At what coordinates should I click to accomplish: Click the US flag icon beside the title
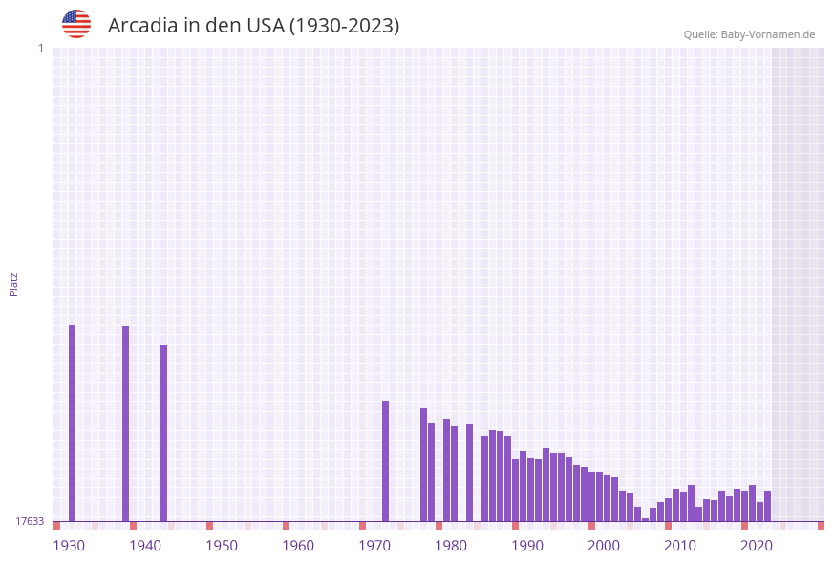(76, 24)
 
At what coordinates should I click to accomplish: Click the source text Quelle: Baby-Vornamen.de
(749, 34)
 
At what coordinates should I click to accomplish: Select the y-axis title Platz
(14, 284)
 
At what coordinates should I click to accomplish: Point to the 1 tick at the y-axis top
(40, 48)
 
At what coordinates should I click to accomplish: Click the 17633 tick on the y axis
(29, 521)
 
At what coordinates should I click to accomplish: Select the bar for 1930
(72, 422)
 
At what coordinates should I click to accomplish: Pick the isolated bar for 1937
(125, 423)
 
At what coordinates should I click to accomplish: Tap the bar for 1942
(163, 433)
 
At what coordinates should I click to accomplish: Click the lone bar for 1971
(386, 461)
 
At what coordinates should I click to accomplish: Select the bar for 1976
(423, 464)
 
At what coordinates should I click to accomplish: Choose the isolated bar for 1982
(470, 472)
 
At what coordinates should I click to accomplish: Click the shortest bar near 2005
(646, 519)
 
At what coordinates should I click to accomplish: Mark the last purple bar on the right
(767, 507)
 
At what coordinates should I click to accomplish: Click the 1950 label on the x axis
(222, 546)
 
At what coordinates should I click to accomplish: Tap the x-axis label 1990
(527, 546)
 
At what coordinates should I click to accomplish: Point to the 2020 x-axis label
(757, 546)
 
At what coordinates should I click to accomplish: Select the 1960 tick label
(298, 546)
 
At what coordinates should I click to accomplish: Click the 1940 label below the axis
(145, 546)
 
